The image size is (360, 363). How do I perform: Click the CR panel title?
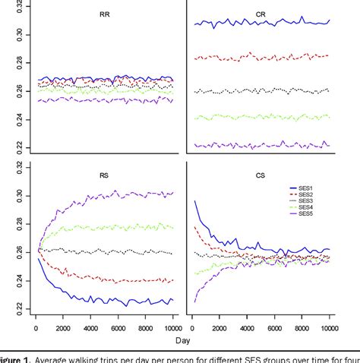click(260, 14)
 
